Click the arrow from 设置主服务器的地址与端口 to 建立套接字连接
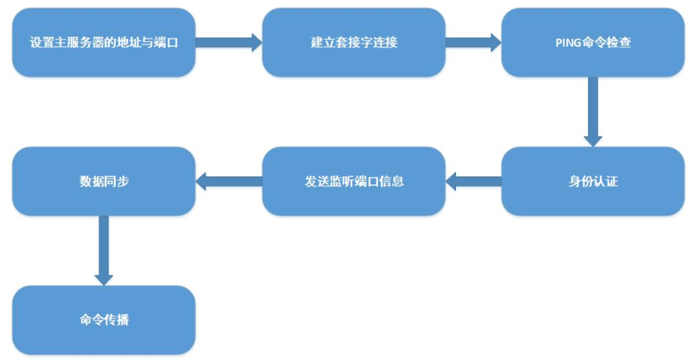[x=228, y=42]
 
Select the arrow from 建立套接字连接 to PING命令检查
[x=473, y=42]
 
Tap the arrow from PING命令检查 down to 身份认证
[x=593, y=111]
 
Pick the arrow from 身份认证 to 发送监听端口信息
[x=473, y=182]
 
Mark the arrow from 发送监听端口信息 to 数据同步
[x=228, y=182]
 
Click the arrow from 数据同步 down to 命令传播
[x=104, y=250]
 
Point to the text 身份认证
[x=593, y=182]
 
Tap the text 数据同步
[x=104, y=182]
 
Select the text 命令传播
[x=104, y=320]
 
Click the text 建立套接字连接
[x=353, y=42]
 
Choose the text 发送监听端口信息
[x=353, y=182]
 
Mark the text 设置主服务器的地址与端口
[x=104, y=42]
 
